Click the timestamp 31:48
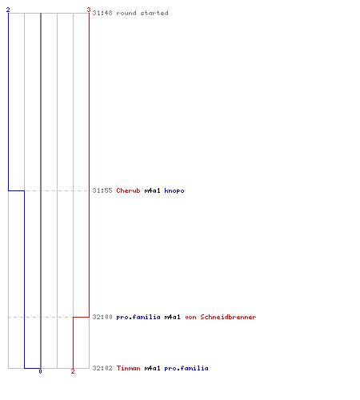tap(102, 13)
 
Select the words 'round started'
tap(142, 13)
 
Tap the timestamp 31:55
tap(102, 190)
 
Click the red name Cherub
tap(128, 190)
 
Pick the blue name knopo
tap(174, 191)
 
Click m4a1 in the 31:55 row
tap(152, 190)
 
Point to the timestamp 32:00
tap(102, 317)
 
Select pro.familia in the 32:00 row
tap(138, 318)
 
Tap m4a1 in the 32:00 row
tap(172, 317)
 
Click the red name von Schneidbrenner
tap(221, 317)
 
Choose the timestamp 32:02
tap(102, 368)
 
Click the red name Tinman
tap(128, 368)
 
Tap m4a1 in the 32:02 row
tap(152, 368)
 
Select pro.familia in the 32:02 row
tap(186, 369)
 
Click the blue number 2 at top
tap(8, 10)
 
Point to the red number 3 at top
tap(89, 10)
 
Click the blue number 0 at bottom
tap(40, 371)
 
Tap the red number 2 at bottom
tap(73, 371)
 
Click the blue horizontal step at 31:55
tap(16, 190)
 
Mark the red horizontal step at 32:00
tap(81, 317)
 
